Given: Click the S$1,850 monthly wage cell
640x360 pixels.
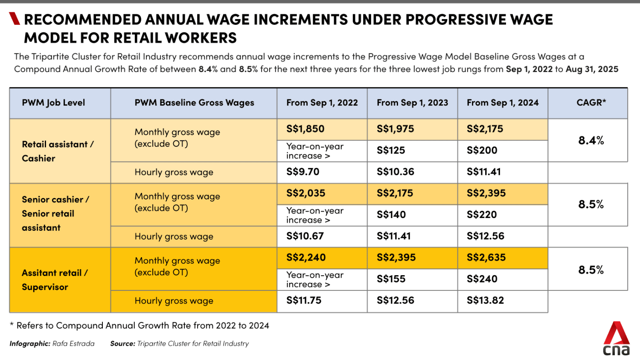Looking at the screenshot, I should pos(305,129).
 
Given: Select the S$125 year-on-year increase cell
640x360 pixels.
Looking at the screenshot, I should pos(391,151).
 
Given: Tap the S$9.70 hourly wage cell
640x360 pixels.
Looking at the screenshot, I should pos(303,172).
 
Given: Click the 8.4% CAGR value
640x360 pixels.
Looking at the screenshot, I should pos(591,140).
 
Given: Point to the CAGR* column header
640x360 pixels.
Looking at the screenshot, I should pos(591,103).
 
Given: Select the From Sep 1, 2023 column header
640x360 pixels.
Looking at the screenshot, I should pos(412,103).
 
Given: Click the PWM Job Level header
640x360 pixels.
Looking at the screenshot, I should pos(54,103).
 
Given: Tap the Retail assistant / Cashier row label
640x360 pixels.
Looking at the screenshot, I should pos(57,151).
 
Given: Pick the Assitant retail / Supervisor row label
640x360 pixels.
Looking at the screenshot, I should pos(55,280).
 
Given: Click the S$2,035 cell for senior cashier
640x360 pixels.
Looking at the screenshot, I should pos(306,193).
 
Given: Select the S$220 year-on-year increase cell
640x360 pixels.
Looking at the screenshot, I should pos(482,215).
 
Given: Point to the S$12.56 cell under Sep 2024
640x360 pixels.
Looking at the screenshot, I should pos(486,236).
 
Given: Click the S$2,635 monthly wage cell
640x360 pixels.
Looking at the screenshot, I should pos(486,258).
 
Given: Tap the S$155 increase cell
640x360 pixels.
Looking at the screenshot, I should pos(391,279).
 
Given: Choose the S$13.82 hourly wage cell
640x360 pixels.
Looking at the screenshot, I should pos(485,300).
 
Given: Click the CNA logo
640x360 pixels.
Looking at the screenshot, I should pos(616,339).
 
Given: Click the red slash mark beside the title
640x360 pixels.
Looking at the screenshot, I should pos(15,19).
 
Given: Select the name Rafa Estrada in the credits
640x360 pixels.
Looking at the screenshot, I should pos(73,344).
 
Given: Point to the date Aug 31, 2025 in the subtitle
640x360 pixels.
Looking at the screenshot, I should pos(592,69).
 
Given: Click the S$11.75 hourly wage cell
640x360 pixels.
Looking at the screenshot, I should pos(304,300).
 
